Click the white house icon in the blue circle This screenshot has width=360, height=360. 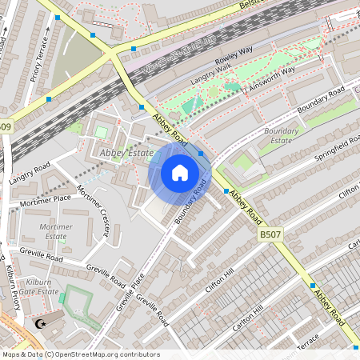click(180, 172)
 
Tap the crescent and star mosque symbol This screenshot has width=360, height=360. click(41, 324)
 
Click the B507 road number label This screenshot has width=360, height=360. click(269, 235)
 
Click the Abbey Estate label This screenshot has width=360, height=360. click(126, 151)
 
